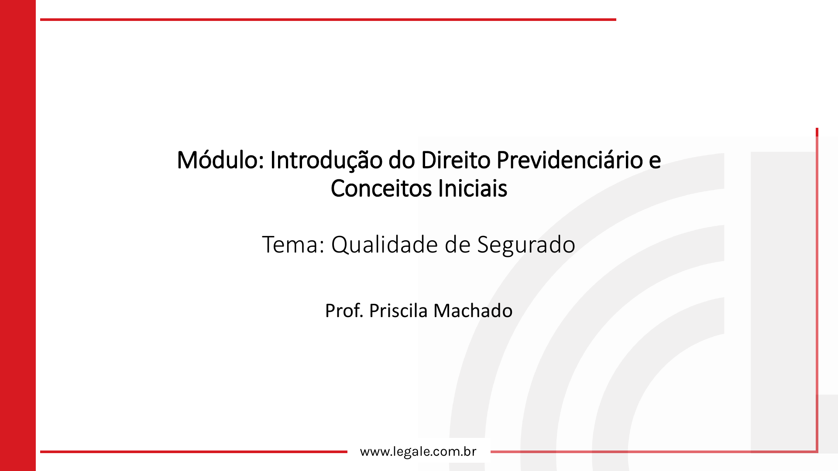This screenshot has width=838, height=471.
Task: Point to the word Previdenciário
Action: [570, 160]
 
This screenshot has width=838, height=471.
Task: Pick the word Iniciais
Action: [473, 188]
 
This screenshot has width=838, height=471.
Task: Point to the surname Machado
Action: [473, 311]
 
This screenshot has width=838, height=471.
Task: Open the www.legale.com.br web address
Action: [418, 452]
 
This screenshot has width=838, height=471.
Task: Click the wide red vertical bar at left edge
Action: [18, 235]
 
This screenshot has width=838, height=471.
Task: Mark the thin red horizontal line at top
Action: [328, 20]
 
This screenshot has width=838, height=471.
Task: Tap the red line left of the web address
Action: [194, 452]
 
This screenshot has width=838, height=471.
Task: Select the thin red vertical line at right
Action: [817, 290]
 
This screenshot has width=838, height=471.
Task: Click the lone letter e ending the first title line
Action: [655, 162]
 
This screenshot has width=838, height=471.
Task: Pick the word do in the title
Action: [402, 160]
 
